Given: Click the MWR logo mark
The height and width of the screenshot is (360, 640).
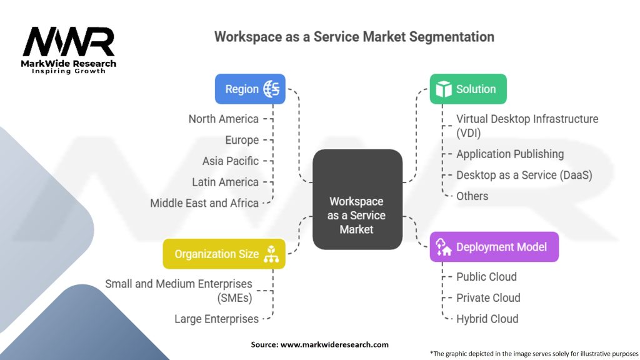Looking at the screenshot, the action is pyautogui.click(x=69, y=41).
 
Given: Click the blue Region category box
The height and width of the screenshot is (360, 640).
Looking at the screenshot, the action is pyautogui.click(x=250, y=89).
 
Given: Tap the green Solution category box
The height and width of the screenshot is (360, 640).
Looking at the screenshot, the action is pyautogui.click(x=468, y=89).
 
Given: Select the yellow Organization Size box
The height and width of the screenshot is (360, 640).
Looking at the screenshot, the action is pyautogui.click(x=224, y=254).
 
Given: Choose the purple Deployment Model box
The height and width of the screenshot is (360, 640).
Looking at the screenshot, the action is pyautogui.click(x=494, y=247).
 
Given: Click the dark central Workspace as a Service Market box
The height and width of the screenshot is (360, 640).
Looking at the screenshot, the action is pyautogui.click(x=357, y=199).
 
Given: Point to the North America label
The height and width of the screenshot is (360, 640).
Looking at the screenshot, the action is pyautogui.click(x=224, y=119).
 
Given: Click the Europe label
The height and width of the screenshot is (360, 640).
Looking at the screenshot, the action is pyautogui.click(x=242, y=141).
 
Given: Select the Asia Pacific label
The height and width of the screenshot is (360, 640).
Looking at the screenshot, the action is pyautogui.click(x=231, y=161).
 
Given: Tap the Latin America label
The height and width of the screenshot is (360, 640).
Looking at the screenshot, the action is pyautogui.click(x=225, y=182).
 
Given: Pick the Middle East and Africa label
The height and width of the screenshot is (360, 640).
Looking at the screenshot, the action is pyautogui.click(x=204, y=203).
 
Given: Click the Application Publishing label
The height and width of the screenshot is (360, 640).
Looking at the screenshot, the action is pyautogui.click(x=510, y=154).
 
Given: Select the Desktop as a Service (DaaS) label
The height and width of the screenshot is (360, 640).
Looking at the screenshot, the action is pyautogui.click(x=524, y=175).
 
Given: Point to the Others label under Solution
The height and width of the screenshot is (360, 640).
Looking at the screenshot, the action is pyautogui.click(x=472, y=196).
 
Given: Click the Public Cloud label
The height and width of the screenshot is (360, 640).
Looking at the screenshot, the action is pyautogui.click(x=486, y=277).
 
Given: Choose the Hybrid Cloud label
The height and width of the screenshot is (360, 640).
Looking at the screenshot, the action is pyautogui.click(x=487, y=319).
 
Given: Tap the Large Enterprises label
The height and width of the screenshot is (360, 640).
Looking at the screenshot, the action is pyautogui.click(x=217, y=319).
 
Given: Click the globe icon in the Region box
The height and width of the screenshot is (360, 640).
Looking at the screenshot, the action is pyautogui.click(x=271, y=89).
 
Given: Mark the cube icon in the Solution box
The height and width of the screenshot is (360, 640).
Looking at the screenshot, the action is pyautogui.click(x=444, y=89).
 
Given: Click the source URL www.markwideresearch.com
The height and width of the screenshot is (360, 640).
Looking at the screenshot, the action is pyautogui.click(x=335, y=344).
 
